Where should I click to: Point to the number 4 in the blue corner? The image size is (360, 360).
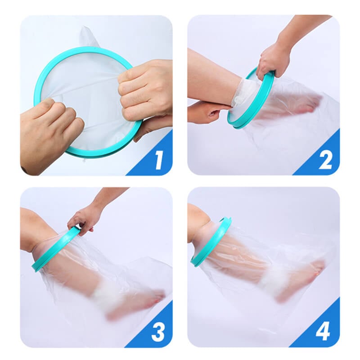(x=323, y=332)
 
